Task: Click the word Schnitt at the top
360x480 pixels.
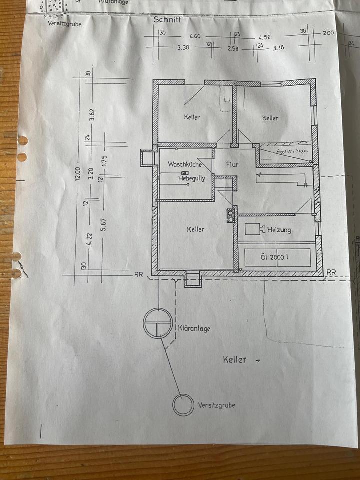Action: click(168, 20)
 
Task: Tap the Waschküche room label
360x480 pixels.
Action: click(184, 164)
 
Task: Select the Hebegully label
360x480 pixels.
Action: click(192, 178)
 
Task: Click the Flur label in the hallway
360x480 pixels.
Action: click(232, 164)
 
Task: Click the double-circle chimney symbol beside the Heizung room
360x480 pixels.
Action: click(231, 215)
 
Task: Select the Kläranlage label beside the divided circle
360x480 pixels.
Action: click(194, 328)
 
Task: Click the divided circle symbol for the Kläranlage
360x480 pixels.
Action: click(157, 323)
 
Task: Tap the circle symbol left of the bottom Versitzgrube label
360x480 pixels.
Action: click(183, 405)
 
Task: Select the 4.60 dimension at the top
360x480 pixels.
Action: click(195, 37)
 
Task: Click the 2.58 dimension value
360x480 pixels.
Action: click(234, 48)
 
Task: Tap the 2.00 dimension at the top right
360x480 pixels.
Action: click(328, 33)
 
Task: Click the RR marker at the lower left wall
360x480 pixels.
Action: click(138, 274)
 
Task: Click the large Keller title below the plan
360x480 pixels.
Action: click(234, 359)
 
